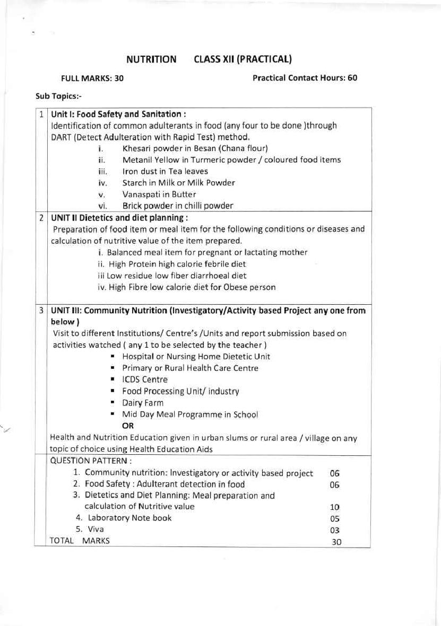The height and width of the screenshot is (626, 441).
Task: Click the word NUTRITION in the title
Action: click(151, 59)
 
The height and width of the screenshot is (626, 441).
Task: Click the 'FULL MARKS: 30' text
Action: click(92, 78)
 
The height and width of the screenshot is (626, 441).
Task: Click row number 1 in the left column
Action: click(41, 114)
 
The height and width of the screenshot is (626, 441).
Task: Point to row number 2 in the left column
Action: click(41, 217)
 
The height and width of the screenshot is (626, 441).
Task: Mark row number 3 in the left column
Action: click(41, 310)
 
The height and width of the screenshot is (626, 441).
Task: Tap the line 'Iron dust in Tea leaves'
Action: click(165, 171)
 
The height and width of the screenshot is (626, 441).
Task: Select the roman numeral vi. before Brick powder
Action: click(103, 206)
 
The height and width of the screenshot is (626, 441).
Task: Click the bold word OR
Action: click(128, 426)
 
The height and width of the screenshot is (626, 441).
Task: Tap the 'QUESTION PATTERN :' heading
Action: click(91, 461)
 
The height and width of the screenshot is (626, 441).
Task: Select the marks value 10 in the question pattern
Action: click(335, 507)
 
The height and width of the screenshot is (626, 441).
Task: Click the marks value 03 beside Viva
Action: click(335, 530)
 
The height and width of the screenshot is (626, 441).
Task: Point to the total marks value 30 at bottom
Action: click(336, 542)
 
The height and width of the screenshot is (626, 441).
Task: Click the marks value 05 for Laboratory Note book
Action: click(335, 519)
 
